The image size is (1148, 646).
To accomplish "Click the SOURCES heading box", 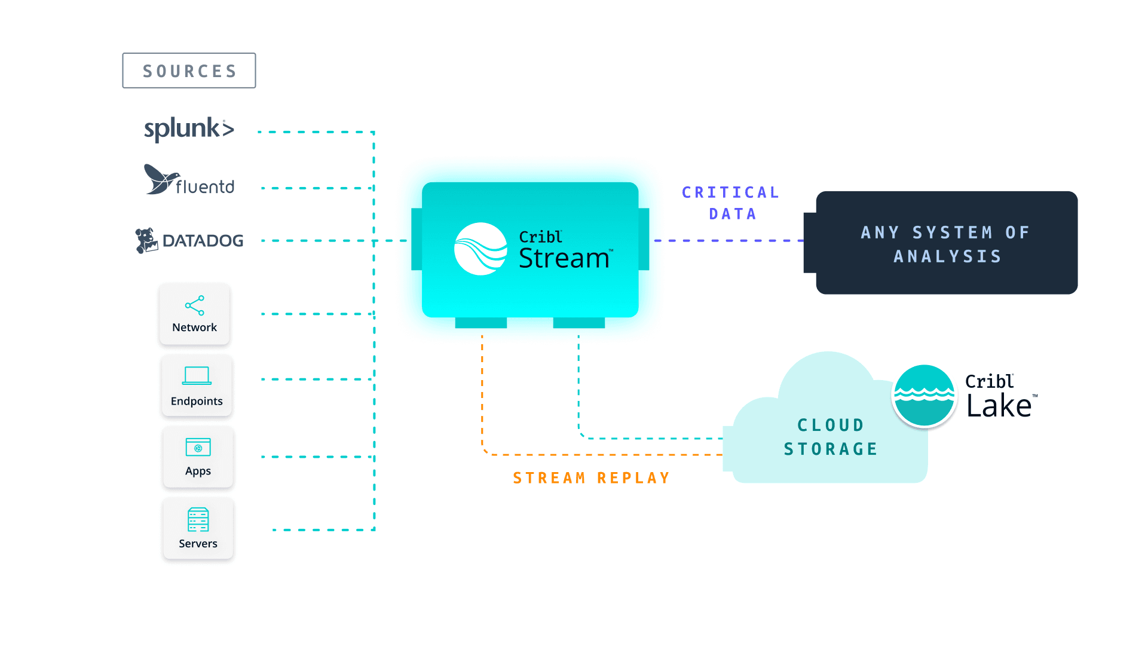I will tap(189, 71).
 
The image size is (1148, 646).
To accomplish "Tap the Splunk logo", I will tap(189, 128).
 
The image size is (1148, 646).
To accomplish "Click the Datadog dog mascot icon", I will tap(146, 240).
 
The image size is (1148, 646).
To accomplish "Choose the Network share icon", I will tap(195, 305).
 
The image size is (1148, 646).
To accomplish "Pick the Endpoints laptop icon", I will tap(197, 375).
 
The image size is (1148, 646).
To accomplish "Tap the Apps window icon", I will tap(198, 447).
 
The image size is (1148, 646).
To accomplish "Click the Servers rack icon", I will tap(198, 520).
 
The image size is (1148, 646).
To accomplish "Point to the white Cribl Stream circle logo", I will tap(481, 249).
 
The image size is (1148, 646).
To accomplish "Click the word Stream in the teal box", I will tap(564, 259).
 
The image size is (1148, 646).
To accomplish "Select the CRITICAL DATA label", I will tap(731, 203).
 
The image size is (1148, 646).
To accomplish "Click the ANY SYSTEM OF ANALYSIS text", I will tap(947, 244).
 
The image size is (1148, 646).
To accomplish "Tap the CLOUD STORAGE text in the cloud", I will tap(830, 437).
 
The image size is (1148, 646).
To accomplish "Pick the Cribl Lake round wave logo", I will tap(924, 396).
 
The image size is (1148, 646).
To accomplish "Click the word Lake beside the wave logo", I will tap(999, 406).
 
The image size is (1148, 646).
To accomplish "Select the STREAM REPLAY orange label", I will tap(592, 478).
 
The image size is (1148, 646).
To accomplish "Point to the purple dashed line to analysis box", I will tap(729, 240).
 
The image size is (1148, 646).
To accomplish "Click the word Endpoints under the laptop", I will tap(197, 401).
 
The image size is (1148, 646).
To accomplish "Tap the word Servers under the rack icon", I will tap(198, 544).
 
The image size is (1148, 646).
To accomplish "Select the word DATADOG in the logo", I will tap(203, 241).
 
